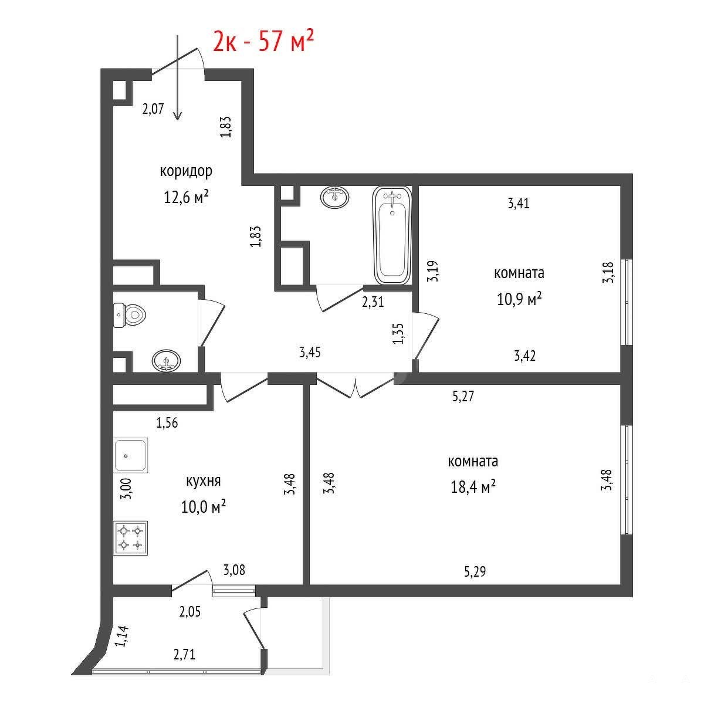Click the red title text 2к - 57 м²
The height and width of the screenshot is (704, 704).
pyautogui.click(x=263, y=40)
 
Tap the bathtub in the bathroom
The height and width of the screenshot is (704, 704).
pyautogui.click(x=392, y=236)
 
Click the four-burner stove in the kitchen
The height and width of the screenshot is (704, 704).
pyautogui.click(x=130, y=538)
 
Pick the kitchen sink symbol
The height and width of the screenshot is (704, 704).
pyautogui.click(x=130, y=455)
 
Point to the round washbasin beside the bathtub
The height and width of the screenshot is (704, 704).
pyautogui.click(x=334, y=197)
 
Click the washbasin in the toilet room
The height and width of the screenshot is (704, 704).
pyautogui.click(x=166, y=361)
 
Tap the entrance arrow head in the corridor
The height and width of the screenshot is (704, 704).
pyautogui.click(x=178, y=116)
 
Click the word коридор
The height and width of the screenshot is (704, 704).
pyautogui.click(x=186, y=171)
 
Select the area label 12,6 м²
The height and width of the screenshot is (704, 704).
pyautogui.click(x=186, y=197)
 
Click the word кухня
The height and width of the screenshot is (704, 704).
pyautogui.click(x=204, y=481)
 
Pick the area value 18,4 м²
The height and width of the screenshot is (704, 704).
pyautogui.click(x=473, y=486)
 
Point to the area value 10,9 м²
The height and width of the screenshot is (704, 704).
pyautogui.click(x=519, y=299)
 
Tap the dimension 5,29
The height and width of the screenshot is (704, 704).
pyautogui.click(x=475, y=571)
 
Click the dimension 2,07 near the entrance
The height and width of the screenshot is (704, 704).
pyautogui.click(x=153, y=109)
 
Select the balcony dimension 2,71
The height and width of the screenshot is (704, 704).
pyautogui.click(x=184, y=654)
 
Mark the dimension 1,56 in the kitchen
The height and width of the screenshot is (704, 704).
pyautogui.click(x=167, y=422)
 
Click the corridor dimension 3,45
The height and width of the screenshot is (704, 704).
pyautogui.click(x=310, y=352)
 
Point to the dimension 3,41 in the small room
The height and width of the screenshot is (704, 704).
pyautogui.click(x=519, y=203)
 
